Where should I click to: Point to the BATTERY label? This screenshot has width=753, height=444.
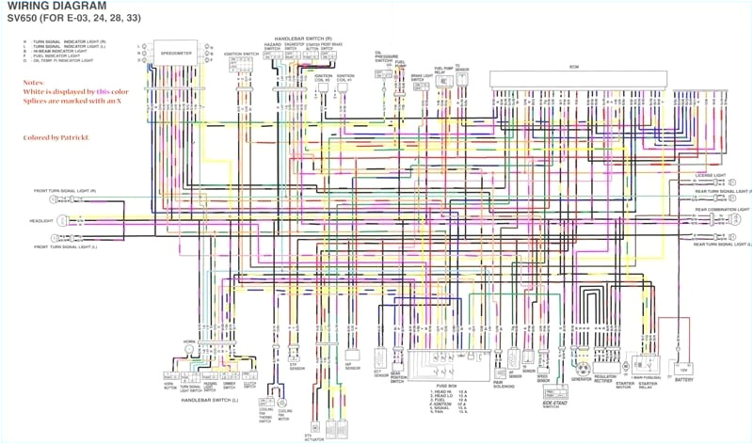(x=683, y=380)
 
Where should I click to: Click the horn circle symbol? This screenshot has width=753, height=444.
(x=188, y=348)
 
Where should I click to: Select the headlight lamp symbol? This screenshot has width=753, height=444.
(x=64, y=221)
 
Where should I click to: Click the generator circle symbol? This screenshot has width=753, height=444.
(x=583, y=367)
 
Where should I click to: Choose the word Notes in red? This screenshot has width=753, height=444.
(x=34, y=83)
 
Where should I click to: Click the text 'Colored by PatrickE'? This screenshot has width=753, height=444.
(x=56, y=137)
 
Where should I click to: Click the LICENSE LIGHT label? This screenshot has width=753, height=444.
(x=711, y=175)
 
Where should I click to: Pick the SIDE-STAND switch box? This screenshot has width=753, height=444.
(x=556, y=392)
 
